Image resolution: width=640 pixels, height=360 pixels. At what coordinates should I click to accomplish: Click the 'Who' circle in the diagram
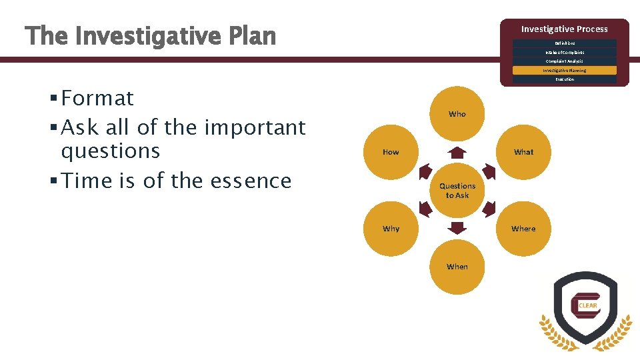click(x=457, y=114)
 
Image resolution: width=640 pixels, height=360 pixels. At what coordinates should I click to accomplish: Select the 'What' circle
click(x=523, y=152)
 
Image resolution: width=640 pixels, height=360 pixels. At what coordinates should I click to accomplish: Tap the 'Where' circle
click(x=523, y=229)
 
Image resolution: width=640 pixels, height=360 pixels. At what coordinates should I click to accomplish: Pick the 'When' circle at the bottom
click(x=457, y=267)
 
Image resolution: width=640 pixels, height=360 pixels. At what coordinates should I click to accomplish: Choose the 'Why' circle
click(x=391, y=229)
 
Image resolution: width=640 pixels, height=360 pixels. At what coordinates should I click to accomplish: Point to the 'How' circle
click(x=391, y=152)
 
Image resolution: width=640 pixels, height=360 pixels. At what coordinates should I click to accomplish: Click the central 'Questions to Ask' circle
click(x=457, y=191)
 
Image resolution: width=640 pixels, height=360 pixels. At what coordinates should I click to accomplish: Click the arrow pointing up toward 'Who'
click(x=457, y=151)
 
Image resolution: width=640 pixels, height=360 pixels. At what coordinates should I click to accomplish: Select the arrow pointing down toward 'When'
click(x=457, y=229)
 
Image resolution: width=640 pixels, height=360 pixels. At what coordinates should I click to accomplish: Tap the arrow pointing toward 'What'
click(x=489, y=171)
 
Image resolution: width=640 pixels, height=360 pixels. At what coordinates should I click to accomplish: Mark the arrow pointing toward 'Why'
click(x=425, y=209)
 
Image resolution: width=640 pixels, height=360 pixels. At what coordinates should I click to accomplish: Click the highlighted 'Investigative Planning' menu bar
click(x=565, y=70)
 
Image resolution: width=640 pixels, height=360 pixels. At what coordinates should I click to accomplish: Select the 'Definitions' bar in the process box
click(x=565, y=43)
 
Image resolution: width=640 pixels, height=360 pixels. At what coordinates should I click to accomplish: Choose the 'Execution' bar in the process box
click(x=565, y=79)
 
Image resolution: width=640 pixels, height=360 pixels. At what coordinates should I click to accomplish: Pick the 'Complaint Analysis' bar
click(x=565, y=61)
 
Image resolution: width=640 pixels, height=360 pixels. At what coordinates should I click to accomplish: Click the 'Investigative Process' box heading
click(x=565, y=29)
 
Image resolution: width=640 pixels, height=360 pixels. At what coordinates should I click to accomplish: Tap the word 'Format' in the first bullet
click(x=97, y=99)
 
